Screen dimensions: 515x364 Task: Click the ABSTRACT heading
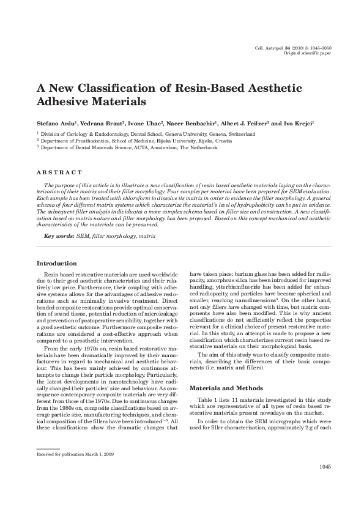[x=59, y=173]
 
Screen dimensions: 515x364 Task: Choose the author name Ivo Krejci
[x=298, y=124]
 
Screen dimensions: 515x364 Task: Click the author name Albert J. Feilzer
[x=245, y=124]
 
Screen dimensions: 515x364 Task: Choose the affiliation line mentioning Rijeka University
[x=132, y=140]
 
